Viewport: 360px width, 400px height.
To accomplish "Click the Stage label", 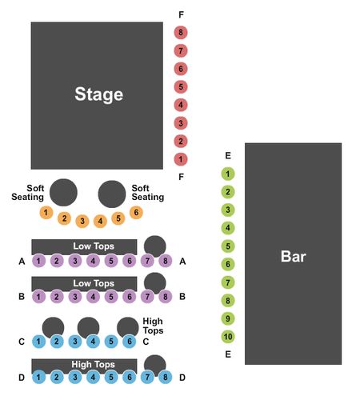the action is (x=98, y=94).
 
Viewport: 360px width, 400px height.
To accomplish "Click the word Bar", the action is (x=294, y=256).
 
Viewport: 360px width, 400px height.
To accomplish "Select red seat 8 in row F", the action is (x=181, y=33).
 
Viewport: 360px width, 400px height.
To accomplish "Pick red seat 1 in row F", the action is (x=181, y=159).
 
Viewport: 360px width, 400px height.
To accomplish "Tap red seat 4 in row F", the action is (x=181, y=105).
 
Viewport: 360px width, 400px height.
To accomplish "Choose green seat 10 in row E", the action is (x=228, y=337).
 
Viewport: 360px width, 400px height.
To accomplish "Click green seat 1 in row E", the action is (x=228, y=174).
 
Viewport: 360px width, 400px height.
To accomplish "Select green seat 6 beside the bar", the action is (x=228, y=264).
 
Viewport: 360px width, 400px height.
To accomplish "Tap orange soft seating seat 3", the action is (x=82, y=221).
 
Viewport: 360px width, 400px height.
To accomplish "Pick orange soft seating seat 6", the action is (x=136, y=213).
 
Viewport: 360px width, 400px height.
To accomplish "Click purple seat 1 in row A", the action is (x=38, y=261).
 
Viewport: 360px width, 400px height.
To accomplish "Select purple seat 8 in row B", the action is (x=166, y=297).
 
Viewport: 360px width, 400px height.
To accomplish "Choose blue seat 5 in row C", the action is (x=111, y=342).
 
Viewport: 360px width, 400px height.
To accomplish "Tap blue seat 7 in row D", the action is (x=147, y=377).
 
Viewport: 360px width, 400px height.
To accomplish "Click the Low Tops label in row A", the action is (x=94, y=246).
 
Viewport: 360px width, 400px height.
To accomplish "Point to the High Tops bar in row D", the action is (x=84, y=365).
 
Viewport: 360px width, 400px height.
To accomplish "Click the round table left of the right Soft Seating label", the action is (x=112, y=194).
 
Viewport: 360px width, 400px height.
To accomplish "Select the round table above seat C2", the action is (x=54, y=327).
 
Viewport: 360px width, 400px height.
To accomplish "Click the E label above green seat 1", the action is (x=228, y=155).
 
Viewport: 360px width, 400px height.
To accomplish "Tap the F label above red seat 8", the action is (x=181, y=14).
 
